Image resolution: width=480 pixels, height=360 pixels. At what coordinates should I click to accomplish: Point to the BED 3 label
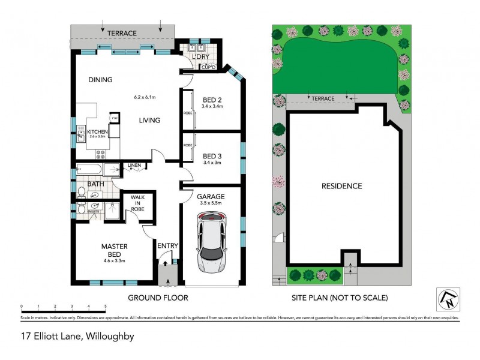(213, 155)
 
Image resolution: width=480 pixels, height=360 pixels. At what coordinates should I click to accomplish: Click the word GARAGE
(211, 196)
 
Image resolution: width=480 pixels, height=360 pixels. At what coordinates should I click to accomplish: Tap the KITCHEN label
(97, 132)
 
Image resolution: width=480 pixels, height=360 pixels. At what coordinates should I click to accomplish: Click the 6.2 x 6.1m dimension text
(145, 97)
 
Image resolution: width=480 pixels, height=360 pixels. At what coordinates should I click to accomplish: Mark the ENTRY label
(167, 245)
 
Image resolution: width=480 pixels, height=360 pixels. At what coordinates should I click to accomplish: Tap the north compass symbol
(448, 299)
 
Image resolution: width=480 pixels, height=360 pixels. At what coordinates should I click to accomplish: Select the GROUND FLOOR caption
(158, 298)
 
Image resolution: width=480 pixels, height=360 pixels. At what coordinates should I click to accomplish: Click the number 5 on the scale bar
(106, 306)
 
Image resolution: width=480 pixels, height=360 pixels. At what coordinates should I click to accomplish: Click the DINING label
(100, 80)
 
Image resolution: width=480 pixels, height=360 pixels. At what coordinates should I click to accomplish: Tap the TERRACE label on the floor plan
(122, 33)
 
